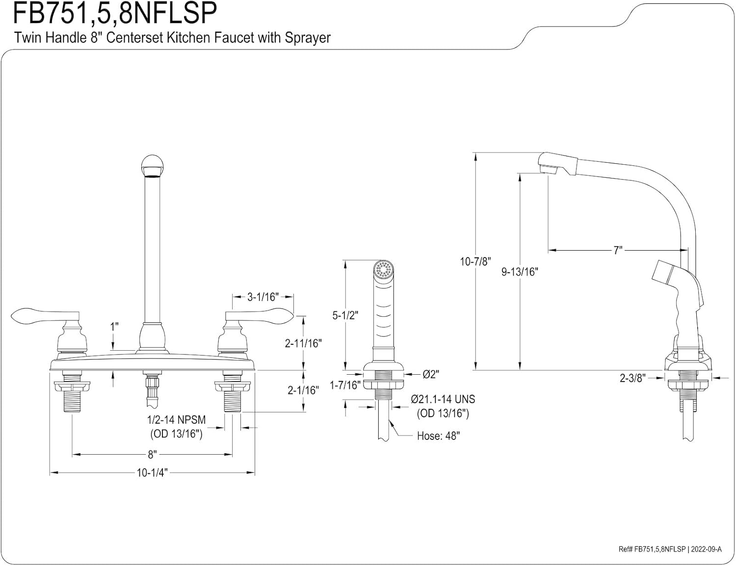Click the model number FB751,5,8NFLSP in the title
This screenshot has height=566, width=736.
click(x=114, y=13)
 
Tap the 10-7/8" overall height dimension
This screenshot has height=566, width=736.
click(x=475, y=261)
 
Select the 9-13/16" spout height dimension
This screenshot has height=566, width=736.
click(x=520, y=271)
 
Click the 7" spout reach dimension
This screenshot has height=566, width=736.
click(x=617, y=250)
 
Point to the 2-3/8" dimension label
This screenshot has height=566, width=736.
click(x=632, y=378)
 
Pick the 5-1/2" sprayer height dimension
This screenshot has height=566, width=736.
click(x=345, y=315)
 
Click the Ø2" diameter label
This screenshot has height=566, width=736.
click(x=431, y=374)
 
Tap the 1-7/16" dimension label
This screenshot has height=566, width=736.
click(x=345, y=386)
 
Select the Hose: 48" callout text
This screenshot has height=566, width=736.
click(x=438, y=436)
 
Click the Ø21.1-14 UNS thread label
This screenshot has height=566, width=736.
click(x=443, y=399)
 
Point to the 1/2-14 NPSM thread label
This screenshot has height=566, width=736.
click(x=176, y=420)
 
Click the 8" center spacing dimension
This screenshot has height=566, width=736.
click(x=152, y=455)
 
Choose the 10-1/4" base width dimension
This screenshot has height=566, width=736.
click(x=152, y=473)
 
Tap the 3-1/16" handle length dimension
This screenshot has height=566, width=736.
click(x=263, y=297)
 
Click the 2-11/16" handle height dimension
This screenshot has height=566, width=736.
click(x=303, y=343)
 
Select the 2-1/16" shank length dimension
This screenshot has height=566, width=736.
click(x=303, y=390)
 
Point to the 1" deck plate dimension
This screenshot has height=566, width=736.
click(x=114, y=327)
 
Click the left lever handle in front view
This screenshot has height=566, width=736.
click(x=44, y=316)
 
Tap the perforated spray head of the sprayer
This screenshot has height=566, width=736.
click(x=384, y=269)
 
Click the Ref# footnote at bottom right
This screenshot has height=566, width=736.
click(x=670, y=549)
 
